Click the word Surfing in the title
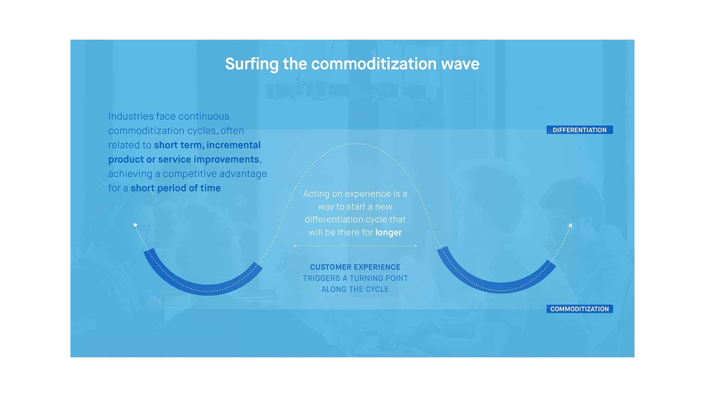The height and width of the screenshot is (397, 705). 252,64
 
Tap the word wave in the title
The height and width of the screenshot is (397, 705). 460,64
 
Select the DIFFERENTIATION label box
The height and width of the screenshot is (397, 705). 579,130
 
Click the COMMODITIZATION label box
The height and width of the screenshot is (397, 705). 579,309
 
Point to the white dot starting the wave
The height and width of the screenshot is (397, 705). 135,225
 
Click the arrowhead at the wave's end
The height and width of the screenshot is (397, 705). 570,225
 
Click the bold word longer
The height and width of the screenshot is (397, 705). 388,233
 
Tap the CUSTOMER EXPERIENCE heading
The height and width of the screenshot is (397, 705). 355,267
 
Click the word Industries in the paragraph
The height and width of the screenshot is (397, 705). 131,117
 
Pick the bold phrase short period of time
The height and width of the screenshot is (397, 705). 176,188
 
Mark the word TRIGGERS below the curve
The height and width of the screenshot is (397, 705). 322,278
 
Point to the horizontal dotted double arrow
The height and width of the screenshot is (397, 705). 355,246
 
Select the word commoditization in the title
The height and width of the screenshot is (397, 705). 374,64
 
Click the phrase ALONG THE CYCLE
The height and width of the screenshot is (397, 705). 355,289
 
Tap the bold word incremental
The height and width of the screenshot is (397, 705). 234,145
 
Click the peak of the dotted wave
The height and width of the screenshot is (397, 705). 355,143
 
